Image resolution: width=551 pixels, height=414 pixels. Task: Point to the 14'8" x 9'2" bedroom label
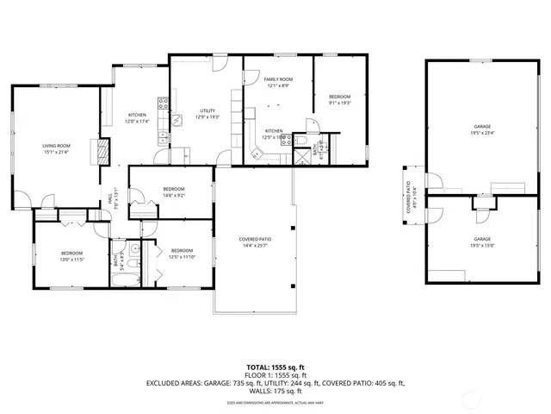[x=174, y=191]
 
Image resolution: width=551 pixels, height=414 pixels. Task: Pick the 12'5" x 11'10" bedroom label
[x=183, y=254]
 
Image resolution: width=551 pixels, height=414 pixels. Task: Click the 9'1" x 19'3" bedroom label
[x=340, y=100]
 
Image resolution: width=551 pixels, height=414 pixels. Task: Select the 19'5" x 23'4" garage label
[x=481, y=129]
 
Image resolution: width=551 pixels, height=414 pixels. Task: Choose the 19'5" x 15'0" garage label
[x=481, y=241]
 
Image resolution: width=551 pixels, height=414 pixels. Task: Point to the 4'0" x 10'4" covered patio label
[x=411, y=199]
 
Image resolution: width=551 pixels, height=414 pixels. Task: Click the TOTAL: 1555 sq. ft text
[x=275, y=366]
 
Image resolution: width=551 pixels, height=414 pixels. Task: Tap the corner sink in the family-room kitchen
[x=255, y=154]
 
